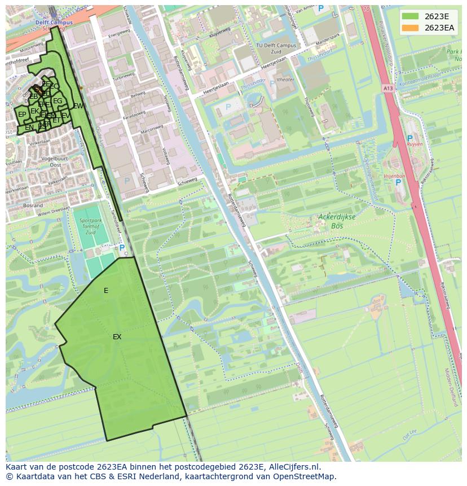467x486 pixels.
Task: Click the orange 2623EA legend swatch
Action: (x=410, y=28)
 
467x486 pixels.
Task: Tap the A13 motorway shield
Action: (x=387, y=88)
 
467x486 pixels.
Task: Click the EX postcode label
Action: (x=117, y=337)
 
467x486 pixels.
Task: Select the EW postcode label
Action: (x=78, y=106)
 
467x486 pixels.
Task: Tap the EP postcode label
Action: (x=22, y=115)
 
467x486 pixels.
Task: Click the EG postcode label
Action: (x=58, y=101)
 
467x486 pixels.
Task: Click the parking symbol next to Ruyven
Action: (x=409, y=138)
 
